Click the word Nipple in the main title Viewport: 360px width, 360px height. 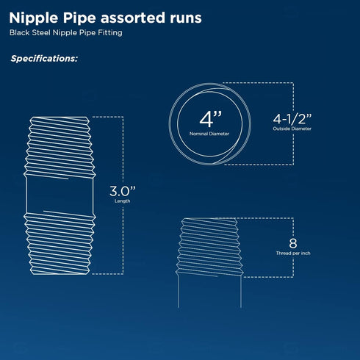click(34, 18)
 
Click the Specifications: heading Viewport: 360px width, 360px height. click(44, 59)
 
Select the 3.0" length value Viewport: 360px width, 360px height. click(123, 191)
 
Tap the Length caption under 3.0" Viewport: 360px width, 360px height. click(123, 201)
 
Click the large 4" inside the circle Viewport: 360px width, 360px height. click(210, 119)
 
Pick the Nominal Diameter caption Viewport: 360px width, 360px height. click(209, 134)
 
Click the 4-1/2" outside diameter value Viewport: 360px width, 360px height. click(292, 119)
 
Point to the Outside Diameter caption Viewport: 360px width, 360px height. click(292, 129)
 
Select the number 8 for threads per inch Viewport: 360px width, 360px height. click(293, 243)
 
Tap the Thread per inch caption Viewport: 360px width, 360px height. click(293, 253)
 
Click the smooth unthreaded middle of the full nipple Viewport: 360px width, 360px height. click(60, 195)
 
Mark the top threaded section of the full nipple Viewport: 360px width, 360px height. click(60, 147)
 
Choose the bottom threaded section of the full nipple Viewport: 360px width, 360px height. click(60, 243)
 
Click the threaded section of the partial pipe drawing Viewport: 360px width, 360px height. click(209, 247)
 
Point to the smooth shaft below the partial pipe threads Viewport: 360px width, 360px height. click(209, 292)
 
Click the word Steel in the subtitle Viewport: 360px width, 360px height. click(41, 32)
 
